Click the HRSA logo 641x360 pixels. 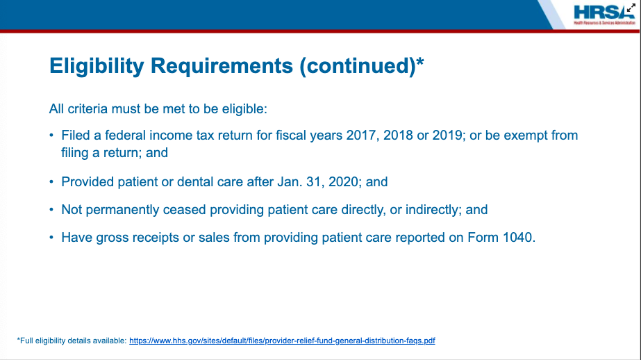click(x=603, y=15)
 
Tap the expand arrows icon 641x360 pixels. click(x=631, y=8)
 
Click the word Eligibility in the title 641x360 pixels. click(x=97, y=66)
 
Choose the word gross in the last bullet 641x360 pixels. click(x=110, y=238)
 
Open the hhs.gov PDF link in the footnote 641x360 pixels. click(x=282, y=341)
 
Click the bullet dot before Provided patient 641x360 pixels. click(x=51, y=181)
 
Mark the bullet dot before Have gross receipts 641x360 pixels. click(x=51, y=237)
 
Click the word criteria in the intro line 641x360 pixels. click(x=88, y=109)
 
